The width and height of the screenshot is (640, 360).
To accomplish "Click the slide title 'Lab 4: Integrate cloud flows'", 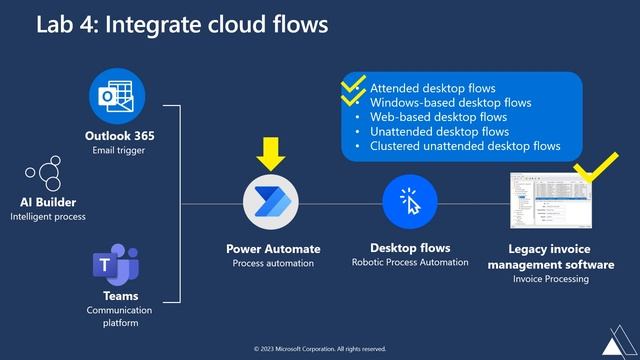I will click(182, 24).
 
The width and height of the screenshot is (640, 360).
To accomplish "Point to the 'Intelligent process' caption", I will click(48, 216).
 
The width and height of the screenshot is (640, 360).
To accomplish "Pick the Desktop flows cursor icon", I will click(410, 201).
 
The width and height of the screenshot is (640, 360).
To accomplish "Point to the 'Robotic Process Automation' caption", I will click(410, 263).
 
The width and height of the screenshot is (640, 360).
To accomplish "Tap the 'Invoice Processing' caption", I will click(551, 280).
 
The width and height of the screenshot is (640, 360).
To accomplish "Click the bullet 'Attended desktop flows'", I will click(432, 88).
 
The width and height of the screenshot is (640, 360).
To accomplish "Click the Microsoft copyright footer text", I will click(320, 349).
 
